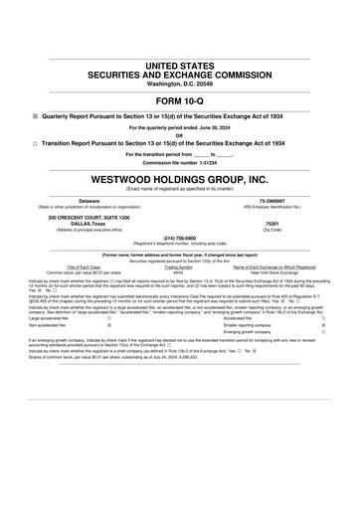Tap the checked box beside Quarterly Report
[36, 115]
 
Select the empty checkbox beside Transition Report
[36, 143]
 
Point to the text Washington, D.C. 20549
[179, 84]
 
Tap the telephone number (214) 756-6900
[179, 238]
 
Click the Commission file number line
[179, 162]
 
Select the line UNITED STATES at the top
[179, 65]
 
